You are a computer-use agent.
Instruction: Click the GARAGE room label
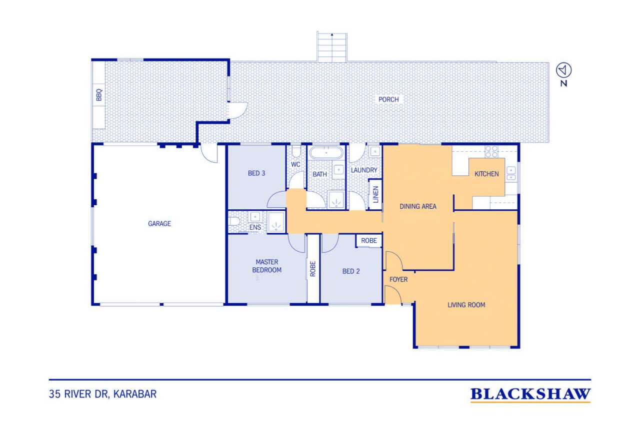(159, 224)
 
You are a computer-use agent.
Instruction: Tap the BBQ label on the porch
(99, 95)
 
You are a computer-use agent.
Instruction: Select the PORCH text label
(388, 99)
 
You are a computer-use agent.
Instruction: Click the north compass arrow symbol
(563, 70)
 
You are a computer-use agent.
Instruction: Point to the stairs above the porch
(331, 47)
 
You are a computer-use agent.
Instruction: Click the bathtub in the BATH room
(326, 153)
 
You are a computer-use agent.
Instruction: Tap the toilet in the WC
(296, 151)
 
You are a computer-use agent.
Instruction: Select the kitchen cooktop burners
(491, 151)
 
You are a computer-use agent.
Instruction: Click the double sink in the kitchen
(511, 174)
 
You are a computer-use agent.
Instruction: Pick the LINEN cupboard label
(375, 195)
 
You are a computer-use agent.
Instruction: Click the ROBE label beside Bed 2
(369, 241)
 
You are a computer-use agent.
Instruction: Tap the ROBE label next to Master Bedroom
(313, 269)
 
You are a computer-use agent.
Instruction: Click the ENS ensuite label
(255, 227)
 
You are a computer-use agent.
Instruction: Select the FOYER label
(398, 280)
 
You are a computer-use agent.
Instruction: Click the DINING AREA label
(417, 207)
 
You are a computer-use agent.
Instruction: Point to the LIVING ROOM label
(466, 305)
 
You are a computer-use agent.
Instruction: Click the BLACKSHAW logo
(530, 395)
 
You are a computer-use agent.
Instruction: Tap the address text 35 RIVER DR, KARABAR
(103, 394)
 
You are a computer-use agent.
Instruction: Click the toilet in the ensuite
(233, 221)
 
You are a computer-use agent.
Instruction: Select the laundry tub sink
(374, 151)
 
